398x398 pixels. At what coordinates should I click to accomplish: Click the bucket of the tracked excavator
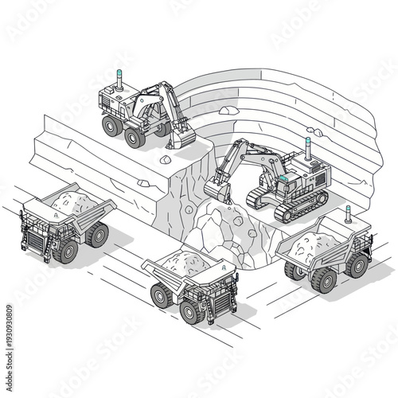pyautogui.click(x=216, y=189)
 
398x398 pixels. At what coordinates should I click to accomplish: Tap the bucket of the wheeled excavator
pyautogui.click(x=181, y=138)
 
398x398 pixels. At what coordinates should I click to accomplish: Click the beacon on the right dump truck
pyautogui.click(x=348, y=213)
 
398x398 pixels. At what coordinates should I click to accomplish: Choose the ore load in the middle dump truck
pyautogui.click(x=185, y=263)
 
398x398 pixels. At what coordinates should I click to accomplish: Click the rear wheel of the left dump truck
pyautogui.click(x=97, y=234)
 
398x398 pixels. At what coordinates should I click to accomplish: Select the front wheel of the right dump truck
pyautogui.click(x=325, y=279)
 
